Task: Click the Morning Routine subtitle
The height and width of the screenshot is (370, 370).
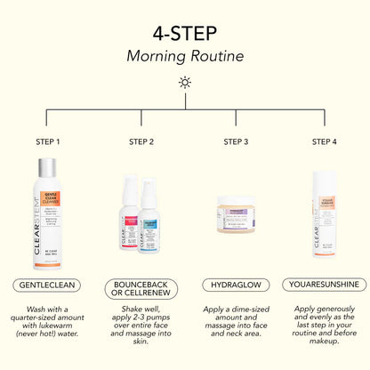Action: [184, 56]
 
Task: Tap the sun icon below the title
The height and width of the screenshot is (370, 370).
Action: [184, 82]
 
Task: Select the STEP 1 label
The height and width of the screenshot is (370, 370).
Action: [46, 141]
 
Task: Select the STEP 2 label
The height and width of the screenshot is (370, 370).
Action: [141, 141]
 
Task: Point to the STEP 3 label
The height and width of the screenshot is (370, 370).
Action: [236, 141]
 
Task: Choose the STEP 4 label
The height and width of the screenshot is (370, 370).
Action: [324, 141]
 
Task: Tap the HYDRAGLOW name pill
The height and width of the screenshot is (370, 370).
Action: [236, 285]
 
